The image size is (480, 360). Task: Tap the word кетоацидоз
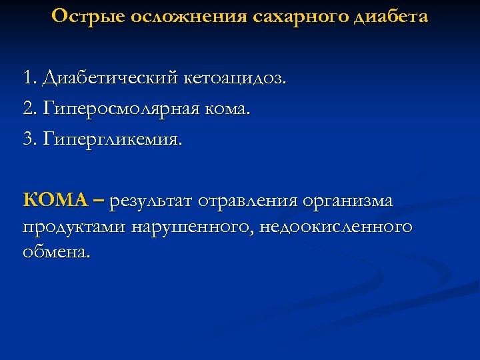[x=234, y=79]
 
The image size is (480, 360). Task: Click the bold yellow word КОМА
[x=55, y=199]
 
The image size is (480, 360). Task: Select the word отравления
[x=253, y=200]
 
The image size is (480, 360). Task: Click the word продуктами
[x=74, y=228]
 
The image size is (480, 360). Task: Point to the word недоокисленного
[x=336, y=228]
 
